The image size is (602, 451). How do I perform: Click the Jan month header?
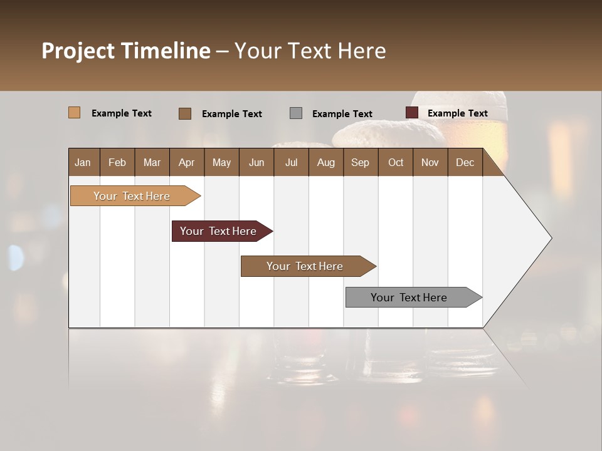pos(83,162)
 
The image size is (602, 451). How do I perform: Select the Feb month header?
pos(117,162)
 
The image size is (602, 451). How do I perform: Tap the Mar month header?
pos(152,162)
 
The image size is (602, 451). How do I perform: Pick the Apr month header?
pos(186,162)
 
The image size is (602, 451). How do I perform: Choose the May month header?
pos(221,162)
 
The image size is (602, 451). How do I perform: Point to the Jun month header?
pos(256,162)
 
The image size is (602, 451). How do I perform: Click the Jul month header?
pos(291,162)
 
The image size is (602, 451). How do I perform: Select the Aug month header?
pos(325,162)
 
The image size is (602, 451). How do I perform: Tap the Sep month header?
pos(360,162)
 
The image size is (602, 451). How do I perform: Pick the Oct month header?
pos(396,162)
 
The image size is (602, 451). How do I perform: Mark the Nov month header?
pos(430,162)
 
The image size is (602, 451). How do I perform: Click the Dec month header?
pos(465,162)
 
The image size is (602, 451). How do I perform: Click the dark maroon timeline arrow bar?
pos(219,231)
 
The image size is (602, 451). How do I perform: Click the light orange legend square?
pos(74,113)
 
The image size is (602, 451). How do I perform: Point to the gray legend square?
pos(296,113)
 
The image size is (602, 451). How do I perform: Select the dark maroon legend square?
pos(411,113)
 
